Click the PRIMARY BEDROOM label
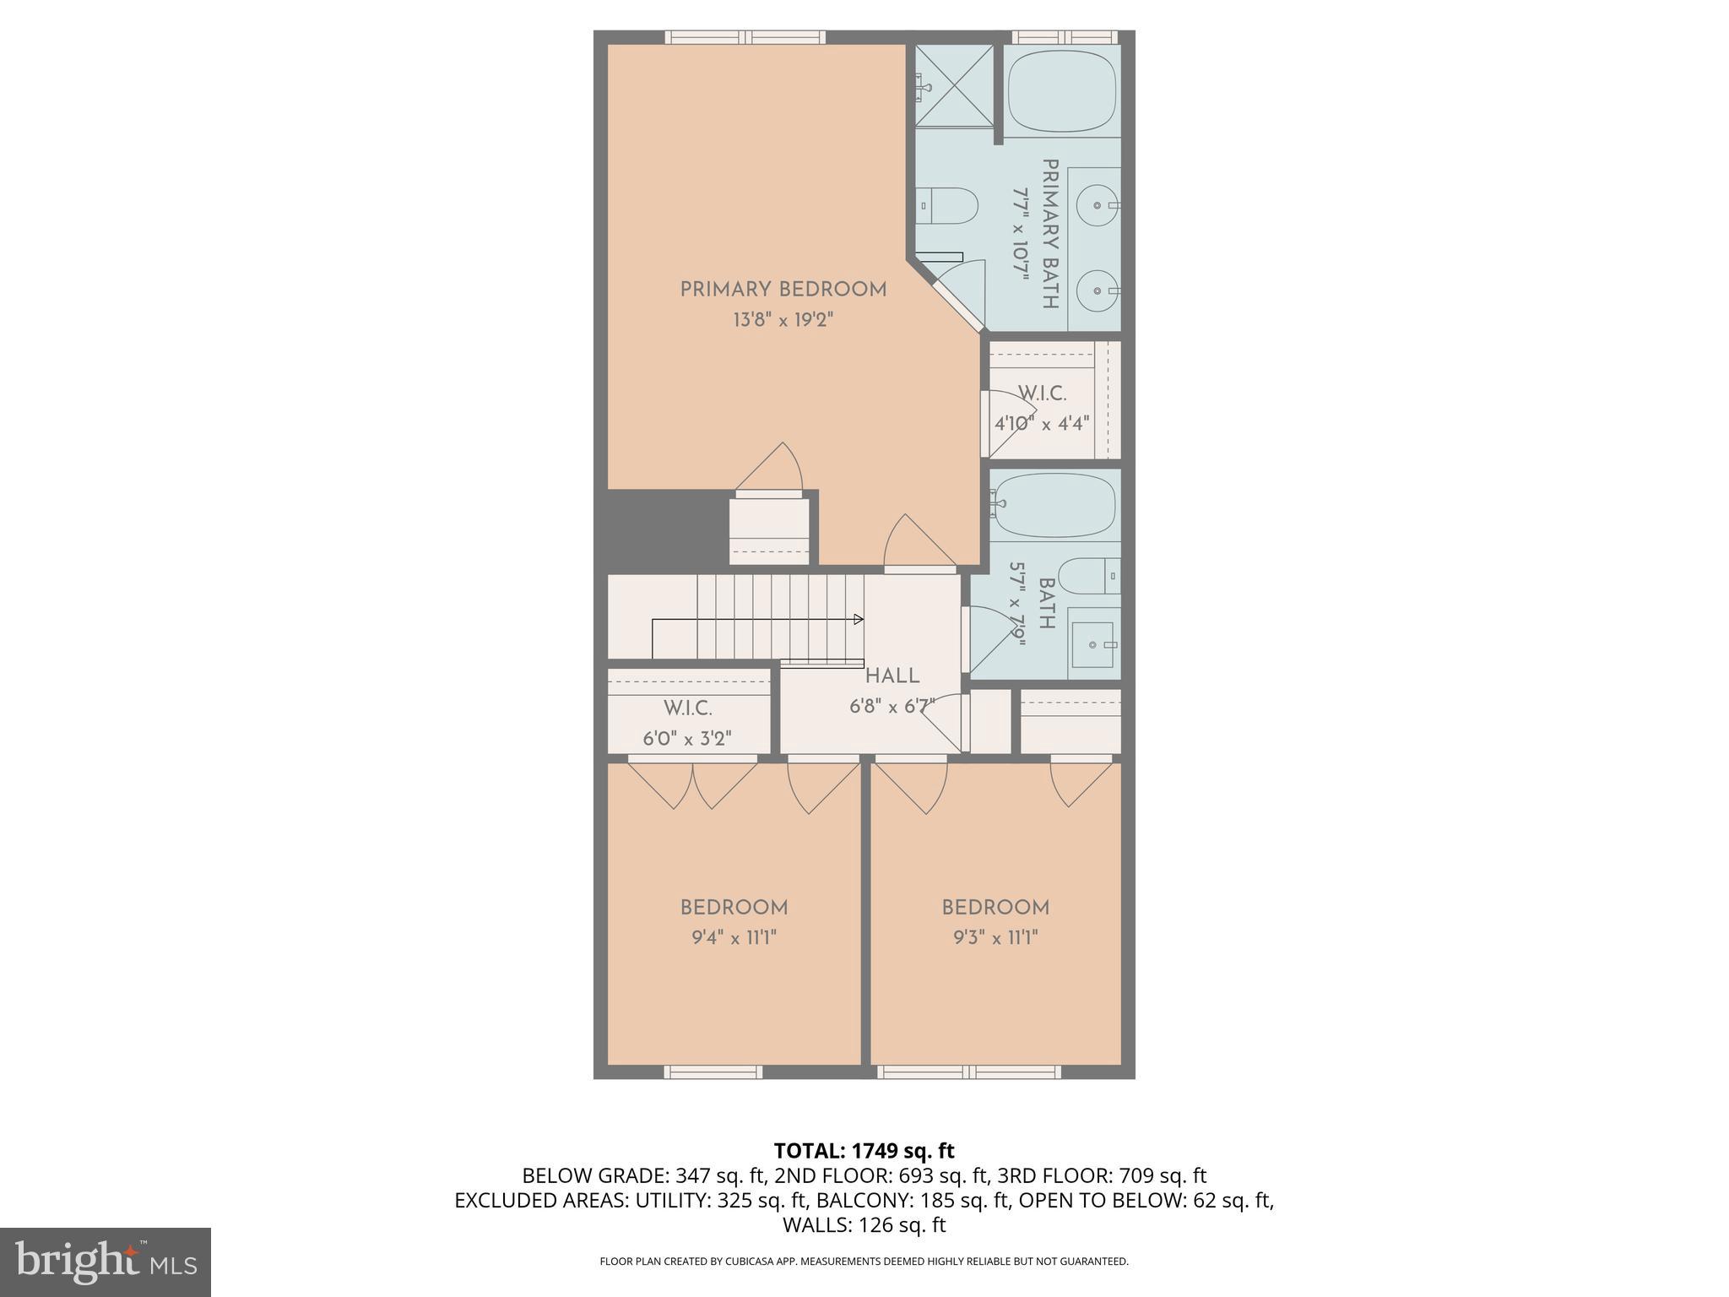[783, 290]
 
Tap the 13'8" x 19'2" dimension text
[783, 320]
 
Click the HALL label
[892, 676]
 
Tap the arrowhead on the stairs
[859, 620]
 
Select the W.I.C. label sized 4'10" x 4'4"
[1042, 393]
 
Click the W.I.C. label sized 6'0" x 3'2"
[687, 708]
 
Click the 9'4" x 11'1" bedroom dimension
[734, 937]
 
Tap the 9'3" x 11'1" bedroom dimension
[995, 937]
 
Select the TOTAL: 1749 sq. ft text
[864, 1151]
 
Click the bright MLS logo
[106, 1262]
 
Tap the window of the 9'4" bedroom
[713, 1072]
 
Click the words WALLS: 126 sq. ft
[864, 1224]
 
